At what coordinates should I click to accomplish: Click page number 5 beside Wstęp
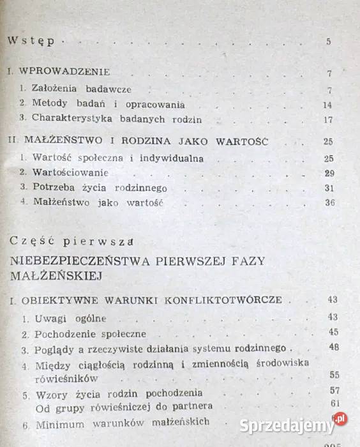pos(328,43)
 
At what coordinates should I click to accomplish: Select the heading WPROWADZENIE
pos(65,72)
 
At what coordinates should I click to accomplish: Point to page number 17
pos(328,120)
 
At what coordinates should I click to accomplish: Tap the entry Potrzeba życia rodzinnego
pos(93,188)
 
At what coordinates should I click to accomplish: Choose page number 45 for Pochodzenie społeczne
pos(332,333)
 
